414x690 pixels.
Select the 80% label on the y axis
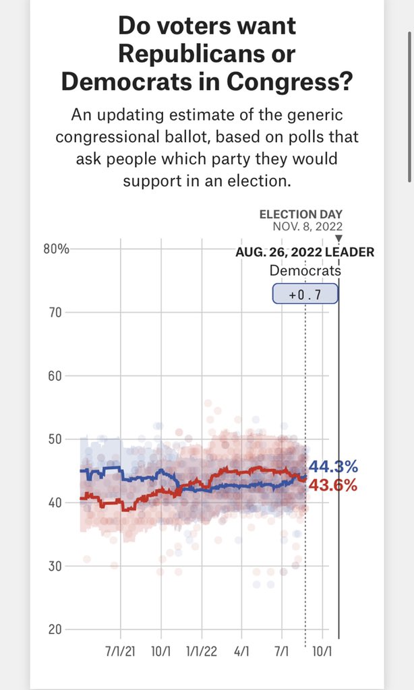[x=57, y=249]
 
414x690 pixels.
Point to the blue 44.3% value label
[x=333, y=467]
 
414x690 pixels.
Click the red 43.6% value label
[x=333, y=485]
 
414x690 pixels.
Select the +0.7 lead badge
[x=305, y=294]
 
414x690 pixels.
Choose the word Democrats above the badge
[x=305, y=271]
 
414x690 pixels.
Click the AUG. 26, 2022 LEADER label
[x=305, y=253]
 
